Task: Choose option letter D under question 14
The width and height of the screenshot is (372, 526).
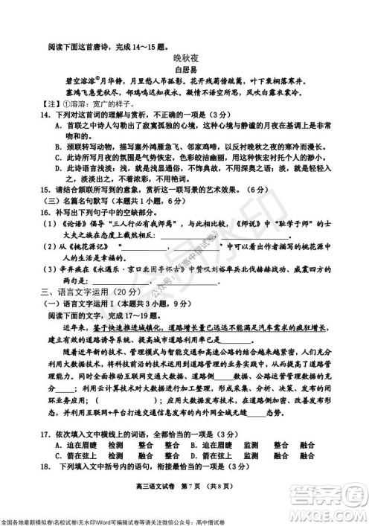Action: point(58,170)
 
